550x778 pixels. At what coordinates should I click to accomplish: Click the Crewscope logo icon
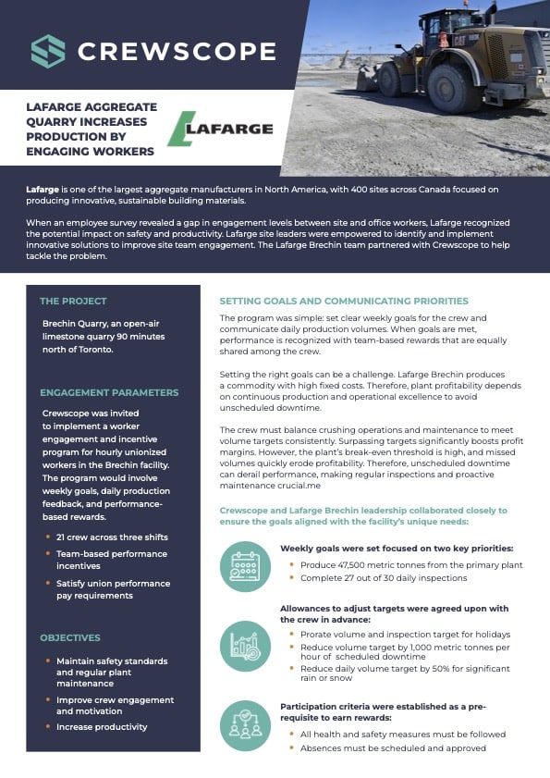tap(48, 51)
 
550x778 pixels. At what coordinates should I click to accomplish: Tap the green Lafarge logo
tap(220, 129)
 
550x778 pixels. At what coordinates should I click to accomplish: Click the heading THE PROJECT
tap(73, 301)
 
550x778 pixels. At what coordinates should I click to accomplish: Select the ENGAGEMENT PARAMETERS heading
tap(109, 392)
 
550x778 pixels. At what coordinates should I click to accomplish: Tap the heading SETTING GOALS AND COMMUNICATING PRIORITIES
tap(344, 301)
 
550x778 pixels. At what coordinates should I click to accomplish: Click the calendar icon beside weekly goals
tap(245, 566)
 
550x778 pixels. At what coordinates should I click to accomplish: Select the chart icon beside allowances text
tap(245, 646)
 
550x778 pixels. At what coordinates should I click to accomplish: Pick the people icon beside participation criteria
tap(245, 725)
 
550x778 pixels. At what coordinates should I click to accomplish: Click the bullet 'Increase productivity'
tap(102, 727)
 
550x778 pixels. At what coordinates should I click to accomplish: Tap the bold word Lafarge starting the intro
tap(43, 189)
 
